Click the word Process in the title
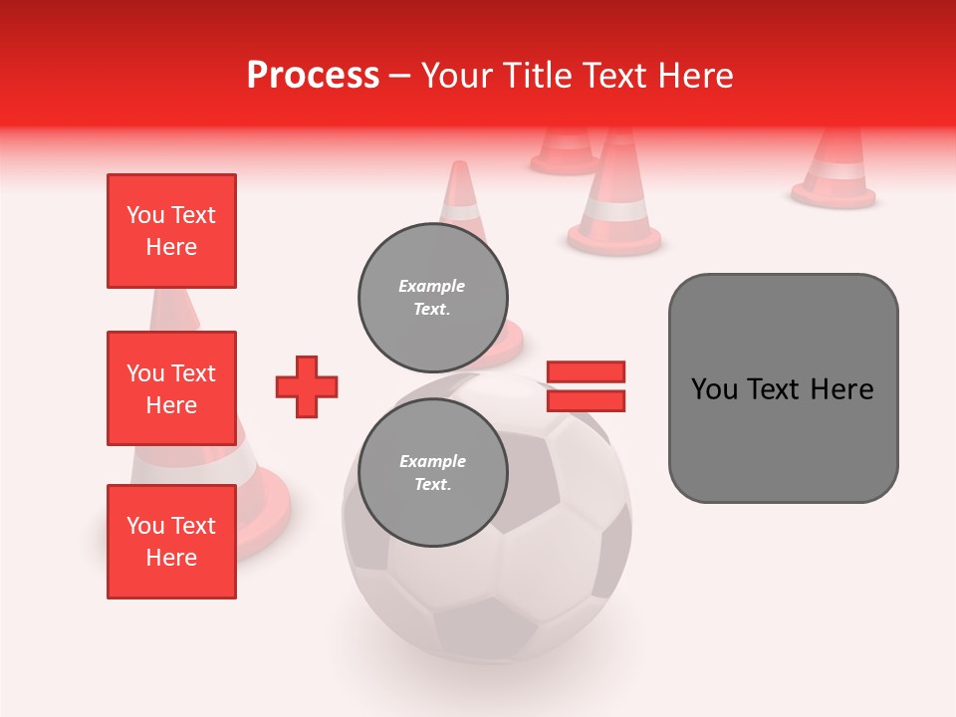coord(313,76)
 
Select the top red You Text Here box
coord(171,231)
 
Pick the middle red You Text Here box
coord(171,388)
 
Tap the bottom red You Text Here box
coord(171,542)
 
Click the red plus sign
coord(307,386)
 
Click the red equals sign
coord(586,386)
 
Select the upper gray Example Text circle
coord(433,298)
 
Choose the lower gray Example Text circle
coord(433,473)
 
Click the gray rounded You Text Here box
coord(783,388)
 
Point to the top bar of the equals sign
coord(586,372)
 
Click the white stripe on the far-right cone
coord(835,171)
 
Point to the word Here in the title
coord(693,76)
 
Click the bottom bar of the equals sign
coord(586,400)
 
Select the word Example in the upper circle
coord(431,286)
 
